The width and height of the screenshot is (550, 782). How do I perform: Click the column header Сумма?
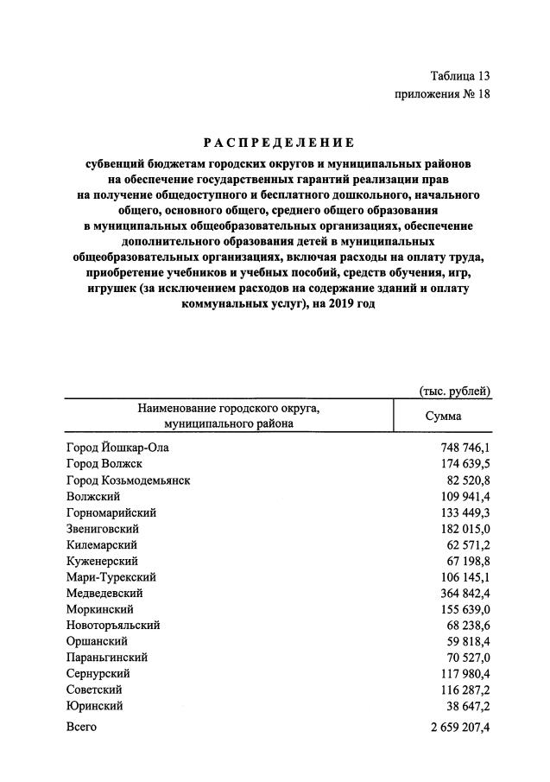click(443, 416)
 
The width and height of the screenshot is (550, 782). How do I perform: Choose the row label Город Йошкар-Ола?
click(117, 448)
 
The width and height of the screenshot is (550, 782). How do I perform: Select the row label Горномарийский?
click(111, 512)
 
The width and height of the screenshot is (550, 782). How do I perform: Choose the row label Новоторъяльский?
click(113, 626)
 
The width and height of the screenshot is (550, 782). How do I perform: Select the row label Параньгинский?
click(107, 658)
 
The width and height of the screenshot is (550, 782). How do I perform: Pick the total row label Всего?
click(81, 728)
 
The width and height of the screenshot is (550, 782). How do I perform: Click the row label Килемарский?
click(102, 545)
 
